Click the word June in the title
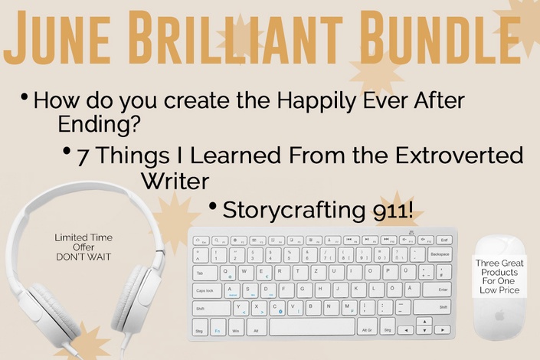coord(57,38)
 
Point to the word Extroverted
coord(459,155)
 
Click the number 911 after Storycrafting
coord(393,210)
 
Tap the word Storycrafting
coord(294,210)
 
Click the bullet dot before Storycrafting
coord(212,206)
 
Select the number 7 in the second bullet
coord(82,157)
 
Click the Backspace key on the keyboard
coord(440,254)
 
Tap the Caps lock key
coord(205,290)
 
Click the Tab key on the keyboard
coord(205,273)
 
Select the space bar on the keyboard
coord(312,326)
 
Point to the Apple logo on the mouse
coord(499,315)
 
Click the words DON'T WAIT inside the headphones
coord(83,257)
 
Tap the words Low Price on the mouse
coord(499,290)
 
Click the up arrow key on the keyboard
coord(424,322)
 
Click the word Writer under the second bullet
coord(175,181)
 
